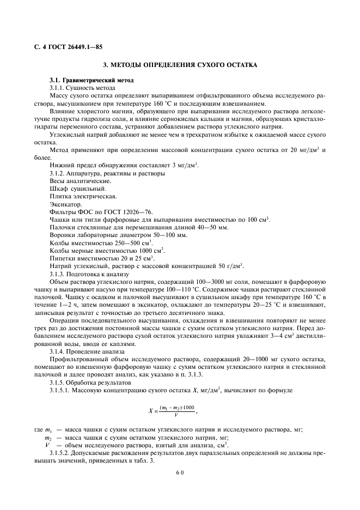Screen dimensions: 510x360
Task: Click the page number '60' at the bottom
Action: (x=180, y=473)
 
